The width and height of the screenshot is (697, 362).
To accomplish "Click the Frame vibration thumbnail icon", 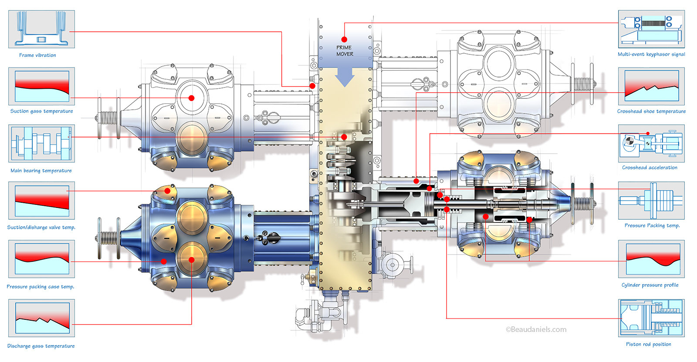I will [41, 29].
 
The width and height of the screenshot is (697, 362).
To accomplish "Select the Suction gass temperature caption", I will [42, 111].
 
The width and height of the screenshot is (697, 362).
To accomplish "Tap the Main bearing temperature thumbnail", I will [41, 144].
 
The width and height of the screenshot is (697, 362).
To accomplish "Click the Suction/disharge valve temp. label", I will [41, 227].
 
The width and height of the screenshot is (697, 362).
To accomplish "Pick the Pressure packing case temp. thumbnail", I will [41, 259].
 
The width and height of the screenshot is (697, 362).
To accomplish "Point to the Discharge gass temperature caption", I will [41, 346].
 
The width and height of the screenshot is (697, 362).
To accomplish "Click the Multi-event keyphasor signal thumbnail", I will [651, 29].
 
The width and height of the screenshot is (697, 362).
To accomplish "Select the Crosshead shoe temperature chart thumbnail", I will [651, 86].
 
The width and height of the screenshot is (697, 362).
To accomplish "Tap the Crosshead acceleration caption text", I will [650, 168].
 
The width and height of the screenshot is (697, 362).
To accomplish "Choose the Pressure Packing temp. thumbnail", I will [651, 201].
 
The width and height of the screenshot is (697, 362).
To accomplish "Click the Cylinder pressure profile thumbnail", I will [651, 259].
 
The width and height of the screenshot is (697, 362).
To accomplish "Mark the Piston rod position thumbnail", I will [651, 318].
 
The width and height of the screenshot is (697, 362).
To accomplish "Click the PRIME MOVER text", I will [345, 51].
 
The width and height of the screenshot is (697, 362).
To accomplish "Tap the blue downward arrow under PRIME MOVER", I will [345, 78].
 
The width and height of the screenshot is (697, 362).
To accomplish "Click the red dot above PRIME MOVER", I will [344, 40].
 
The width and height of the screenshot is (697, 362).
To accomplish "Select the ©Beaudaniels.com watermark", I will [536, 330].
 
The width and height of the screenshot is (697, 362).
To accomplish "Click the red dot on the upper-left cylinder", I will [191, 98].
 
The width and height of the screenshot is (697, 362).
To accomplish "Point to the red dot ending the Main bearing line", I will [344, 137].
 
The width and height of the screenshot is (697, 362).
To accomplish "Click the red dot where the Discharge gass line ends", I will [191, 260].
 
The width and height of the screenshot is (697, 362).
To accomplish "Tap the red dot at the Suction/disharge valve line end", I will [167, 191].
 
